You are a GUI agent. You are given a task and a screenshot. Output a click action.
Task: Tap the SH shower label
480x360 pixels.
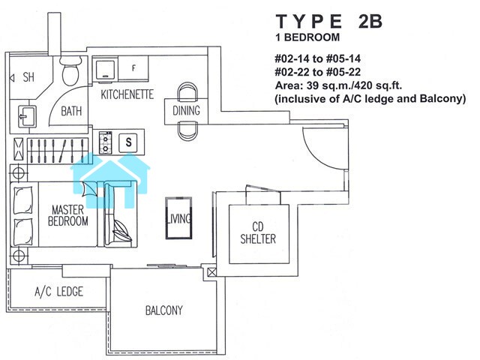(x=28, y=77)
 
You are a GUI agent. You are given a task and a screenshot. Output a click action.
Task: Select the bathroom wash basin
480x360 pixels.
(x=27, y=116)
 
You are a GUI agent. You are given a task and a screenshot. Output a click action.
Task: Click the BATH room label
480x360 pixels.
(x=71, y=111)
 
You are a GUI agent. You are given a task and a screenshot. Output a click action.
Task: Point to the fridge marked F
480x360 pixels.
(x=133, y=68)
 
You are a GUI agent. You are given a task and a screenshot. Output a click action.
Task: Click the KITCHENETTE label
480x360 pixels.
(x=127, y=94)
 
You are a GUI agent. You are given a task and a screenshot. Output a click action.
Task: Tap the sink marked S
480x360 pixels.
(x=128, y=142)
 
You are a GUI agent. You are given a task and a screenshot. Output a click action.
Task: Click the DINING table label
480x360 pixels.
(x=186, y=110)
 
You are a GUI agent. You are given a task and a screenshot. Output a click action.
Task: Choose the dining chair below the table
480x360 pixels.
(x=187, y=131)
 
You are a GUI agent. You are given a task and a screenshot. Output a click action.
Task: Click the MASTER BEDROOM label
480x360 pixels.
(x=67, y=215)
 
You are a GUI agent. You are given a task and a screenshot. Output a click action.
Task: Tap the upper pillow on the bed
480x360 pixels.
(x=23, y=200)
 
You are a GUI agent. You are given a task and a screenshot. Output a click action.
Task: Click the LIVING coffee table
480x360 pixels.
(x=178, y=218)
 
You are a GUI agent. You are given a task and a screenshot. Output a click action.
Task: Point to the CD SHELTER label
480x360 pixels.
(x=258, y=232)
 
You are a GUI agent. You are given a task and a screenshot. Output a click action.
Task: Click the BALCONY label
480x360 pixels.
(x=163, y=310)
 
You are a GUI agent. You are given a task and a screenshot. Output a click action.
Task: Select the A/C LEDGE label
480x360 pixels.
(x=58, y=292)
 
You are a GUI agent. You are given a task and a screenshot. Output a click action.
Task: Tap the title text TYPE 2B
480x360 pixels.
(x=329, y=22)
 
